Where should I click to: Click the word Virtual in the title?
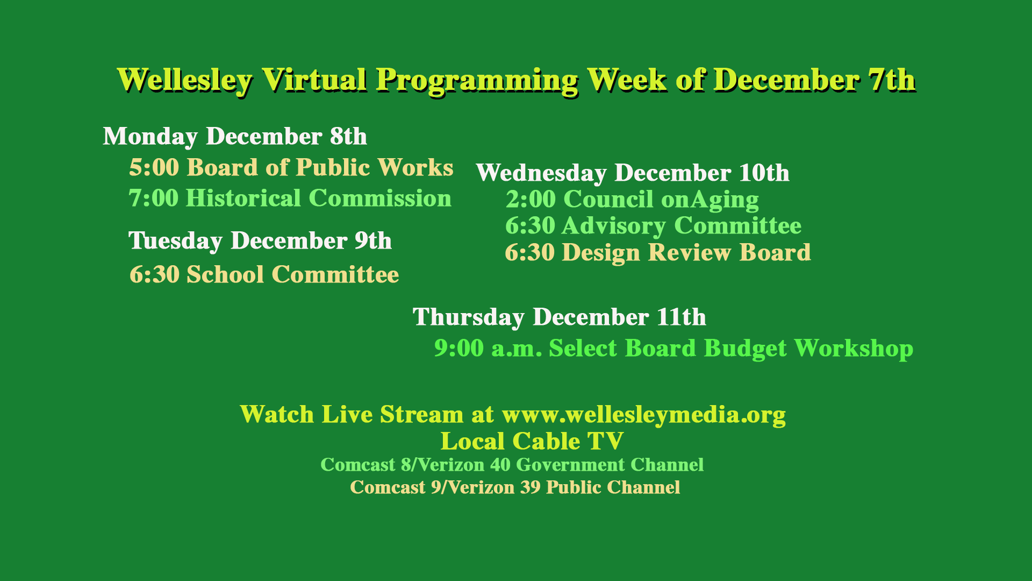(314, 80)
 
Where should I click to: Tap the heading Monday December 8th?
(235, 136)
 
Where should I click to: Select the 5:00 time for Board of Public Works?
(154, 167)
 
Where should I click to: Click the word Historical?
(243, 198)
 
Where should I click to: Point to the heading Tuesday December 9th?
(260, 240)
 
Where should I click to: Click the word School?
(225, 274)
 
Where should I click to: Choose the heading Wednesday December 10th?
(633, 173)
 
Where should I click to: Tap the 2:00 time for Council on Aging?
(531, 199)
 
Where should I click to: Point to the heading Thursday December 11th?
(559, 317)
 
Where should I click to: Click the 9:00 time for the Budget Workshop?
(459, 348)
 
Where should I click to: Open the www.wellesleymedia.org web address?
(643, 414)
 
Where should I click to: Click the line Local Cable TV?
(532, 441)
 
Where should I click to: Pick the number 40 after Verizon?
(500, 465)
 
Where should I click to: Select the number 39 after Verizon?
(530, 487)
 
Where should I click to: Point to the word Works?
(415, 167)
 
